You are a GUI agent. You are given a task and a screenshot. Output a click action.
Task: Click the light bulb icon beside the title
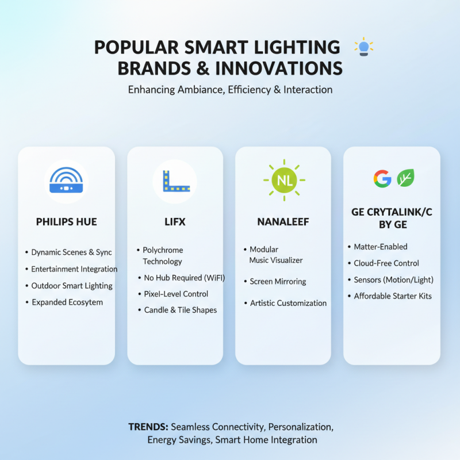(x=363, y=46)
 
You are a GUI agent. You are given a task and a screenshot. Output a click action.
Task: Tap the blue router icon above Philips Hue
(x=66, y=181)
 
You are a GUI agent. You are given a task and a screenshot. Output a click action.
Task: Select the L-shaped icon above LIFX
(x=174, y=181)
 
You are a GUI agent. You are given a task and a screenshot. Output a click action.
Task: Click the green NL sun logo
(x=283, y=181)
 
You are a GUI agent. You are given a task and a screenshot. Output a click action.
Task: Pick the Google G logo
(x=382, y=178)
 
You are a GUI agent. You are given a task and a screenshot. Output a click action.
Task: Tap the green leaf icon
(x=406, y=178)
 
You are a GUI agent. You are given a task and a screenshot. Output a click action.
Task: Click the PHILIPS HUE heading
(x=66, y=221)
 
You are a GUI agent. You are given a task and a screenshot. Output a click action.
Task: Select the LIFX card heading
(x=175, y=221)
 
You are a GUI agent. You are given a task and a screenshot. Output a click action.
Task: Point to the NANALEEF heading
(x=283, y=221)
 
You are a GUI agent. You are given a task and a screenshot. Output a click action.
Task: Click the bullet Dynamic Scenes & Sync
(x=71, y=252)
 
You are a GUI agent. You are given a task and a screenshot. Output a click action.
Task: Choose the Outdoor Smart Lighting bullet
(x=72, y=286)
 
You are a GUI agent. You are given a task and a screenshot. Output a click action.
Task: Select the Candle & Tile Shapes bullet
(x=180, y=310)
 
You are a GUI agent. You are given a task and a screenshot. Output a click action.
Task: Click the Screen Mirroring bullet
(x=278, y=282)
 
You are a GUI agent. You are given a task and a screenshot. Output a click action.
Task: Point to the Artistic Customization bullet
(x=288, y=303)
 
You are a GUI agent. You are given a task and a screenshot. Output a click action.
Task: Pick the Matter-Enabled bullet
(x=380, y=247)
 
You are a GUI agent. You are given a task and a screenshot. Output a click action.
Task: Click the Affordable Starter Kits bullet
(x=392, y=296)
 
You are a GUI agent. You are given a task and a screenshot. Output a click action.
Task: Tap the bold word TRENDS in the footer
(x=148, y=427)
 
